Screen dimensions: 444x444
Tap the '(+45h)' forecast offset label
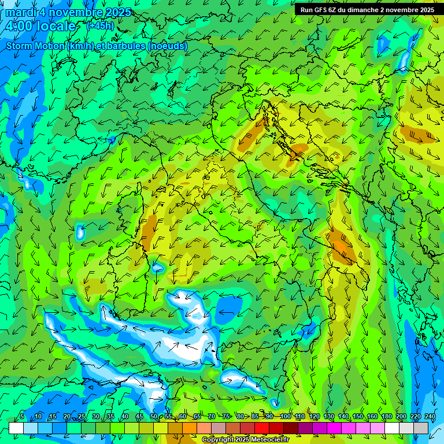point(100,25)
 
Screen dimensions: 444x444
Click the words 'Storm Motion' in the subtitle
point(35,46)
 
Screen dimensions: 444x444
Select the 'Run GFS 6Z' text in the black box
point(321,10)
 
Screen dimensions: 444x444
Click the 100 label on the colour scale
point(285,416)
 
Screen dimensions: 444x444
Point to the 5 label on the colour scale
point(22,416)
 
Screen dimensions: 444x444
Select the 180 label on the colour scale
point(386,416)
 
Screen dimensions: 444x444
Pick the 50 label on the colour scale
point(153,416)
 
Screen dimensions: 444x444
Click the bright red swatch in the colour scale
point(262,428)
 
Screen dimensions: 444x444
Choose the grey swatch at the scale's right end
point(421,428)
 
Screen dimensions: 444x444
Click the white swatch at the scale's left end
point(16,428)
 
